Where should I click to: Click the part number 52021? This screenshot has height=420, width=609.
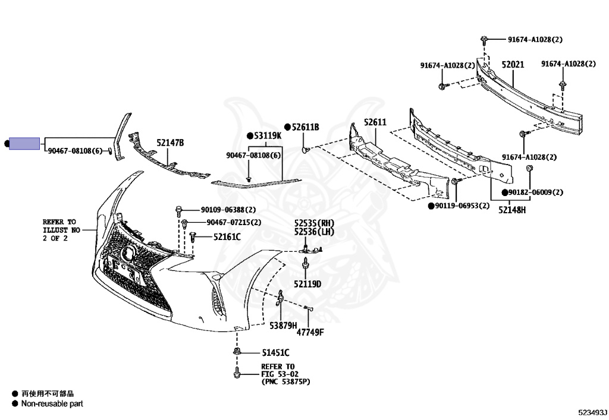[512, 65]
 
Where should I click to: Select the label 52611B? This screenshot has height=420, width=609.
[305, 127]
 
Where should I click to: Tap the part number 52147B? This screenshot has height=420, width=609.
[171, 143]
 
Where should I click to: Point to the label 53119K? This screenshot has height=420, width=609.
[268, 136]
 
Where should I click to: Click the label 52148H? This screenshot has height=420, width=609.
[512, 210]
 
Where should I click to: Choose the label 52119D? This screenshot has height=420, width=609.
[307, 284]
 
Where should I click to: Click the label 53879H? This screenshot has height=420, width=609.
[282, 326]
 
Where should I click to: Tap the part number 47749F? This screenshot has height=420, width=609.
[310, 331]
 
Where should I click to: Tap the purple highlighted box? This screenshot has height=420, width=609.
[24, 143]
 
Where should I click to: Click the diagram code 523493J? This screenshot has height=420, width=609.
[591, 411]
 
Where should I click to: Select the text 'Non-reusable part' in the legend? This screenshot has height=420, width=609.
[52, 404]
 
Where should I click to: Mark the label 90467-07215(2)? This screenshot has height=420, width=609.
[234, 222]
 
